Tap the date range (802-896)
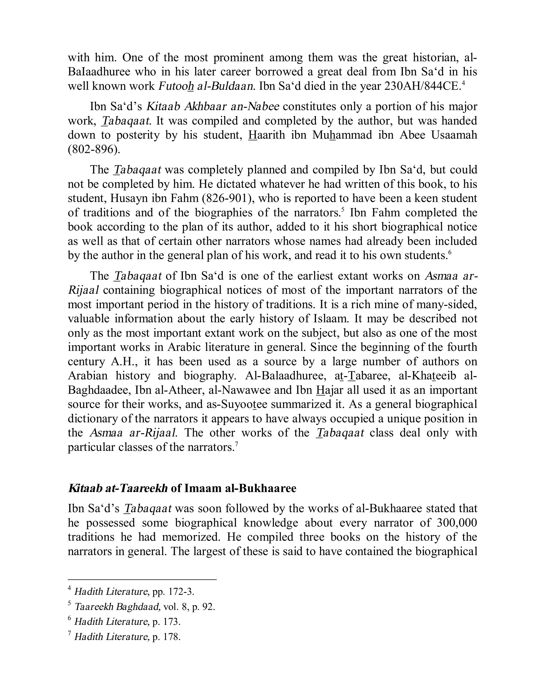[x=94, y=149]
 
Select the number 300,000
[x=457, y=523]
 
